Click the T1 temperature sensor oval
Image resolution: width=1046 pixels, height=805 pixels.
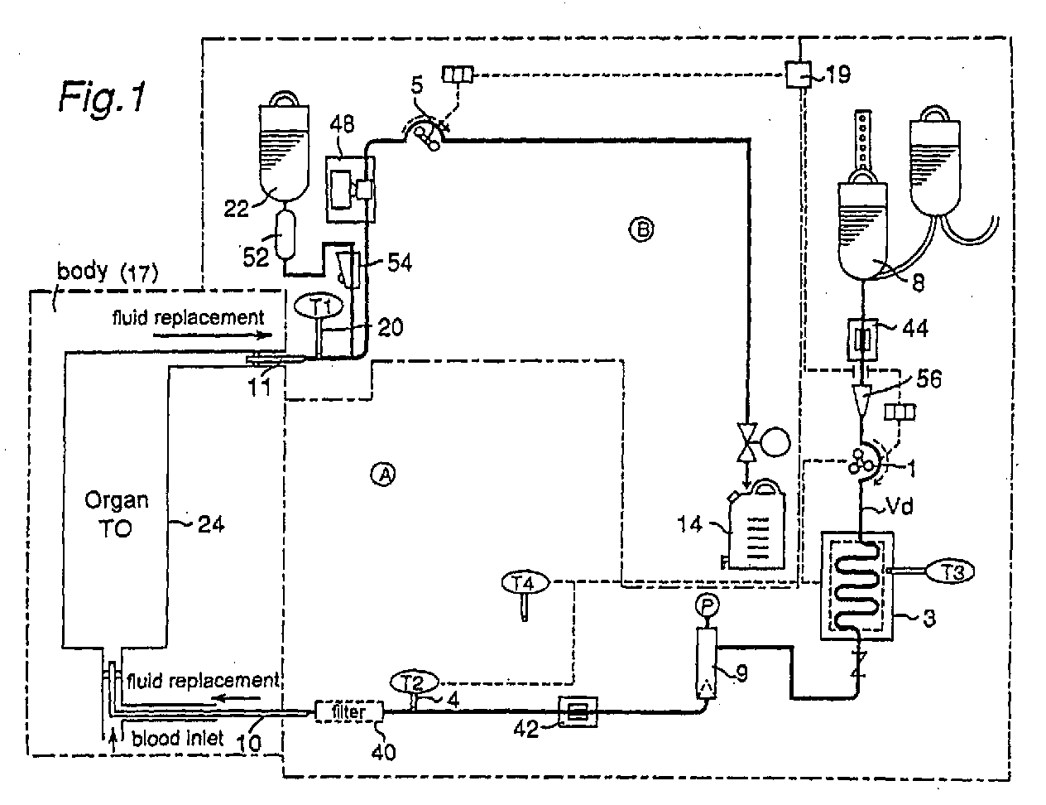(319, 306)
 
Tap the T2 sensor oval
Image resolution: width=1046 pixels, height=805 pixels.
(414, 682)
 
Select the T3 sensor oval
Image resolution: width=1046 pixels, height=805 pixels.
(950, 571)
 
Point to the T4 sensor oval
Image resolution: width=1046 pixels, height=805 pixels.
(525, 583)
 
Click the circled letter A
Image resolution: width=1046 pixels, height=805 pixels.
(383, 475)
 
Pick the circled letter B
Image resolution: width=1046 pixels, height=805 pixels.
(641, 229)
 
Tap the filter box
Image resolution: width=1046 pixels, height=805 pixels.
(349, 711)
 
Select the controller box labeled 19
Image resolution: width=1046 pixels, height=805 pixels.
(799, 75)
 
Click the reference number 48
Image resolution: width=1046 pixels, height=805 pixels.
(343, 124)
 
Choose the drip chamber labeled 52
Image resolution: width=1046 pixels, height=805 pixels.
(285, 234)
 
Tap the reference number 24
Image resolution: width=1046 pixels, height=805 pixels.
(211, 524)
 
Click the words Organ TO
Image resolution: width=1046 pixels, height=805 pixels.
(117, 514)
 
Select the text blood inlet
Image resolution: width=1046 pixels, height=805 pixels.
(178, 738)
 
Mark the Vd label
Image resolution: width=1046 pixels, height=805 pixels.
(899, 506)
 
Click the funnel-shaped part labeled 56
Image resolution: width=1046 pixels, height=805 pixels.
(861, 399)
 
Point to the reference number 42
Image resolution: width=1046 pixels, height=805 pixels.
(525, 729)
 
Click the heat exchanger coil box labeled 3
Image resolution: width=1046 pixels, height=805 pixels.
(856, 586)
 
